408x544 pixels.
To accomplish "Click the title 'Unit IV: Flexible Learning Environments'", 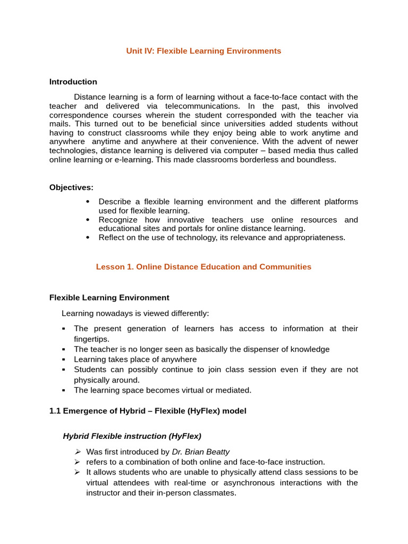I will tap(203, 51).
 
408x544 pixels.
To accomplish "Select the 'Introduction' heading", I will tap(73, 82).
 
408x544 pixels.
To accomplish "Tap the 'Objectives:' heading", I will tap(71, 187).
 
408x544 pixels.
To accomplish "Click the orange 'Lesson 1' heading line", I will tap(203, 267).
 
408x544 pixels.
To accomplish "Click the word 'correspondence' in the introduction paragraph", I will tap(76, 114).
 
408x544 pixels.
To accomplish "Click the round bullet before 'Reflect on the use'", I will tap(88, 237).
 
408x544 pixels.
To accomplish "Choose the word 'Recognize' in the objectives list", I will tap(118, 219).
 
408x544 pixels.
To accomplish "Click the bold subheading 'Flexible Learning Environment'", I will tap(109, 297).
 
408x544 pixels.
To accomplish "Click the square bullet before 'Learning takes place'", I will tap(64, 360).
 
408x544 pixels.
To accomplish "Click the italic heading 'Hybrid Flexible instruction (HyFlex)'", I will tap(132, 436).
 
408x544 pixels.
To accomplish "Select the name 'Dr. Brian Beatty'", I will tap(201, 452).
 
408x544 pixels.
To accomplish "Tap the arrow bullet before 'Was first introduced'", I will tap(77, 452).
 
